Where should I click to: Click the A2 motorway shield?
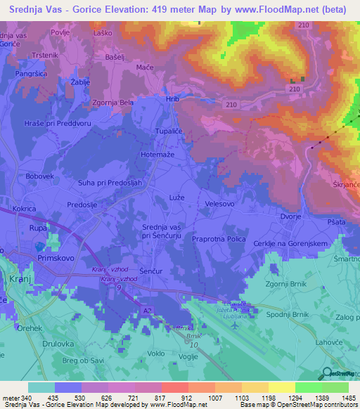(x=148, y=309)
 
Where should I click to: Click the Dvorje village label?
(x=289, y=217)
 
